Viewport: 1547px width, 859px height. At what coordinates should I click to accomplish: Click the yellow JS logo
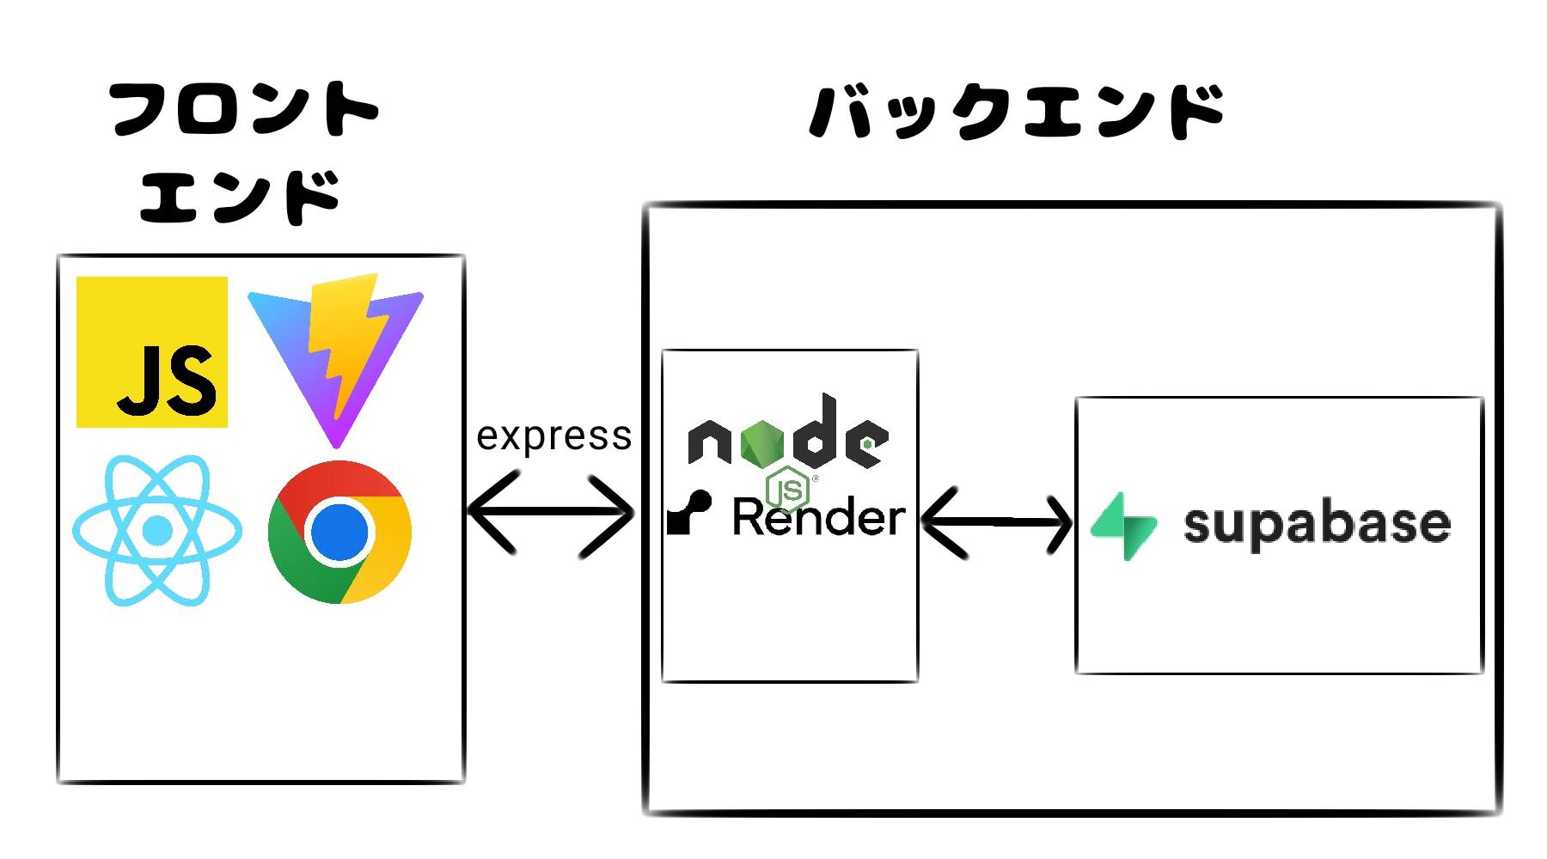pyautogui.click(x=152, y=352)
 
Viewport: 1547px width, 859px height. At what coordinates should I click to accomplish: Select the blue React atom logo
pyautogui.click(x=157, y=530)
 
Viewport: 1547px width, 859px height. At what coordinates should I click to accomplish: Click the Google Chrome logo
pyautogui.click(x=339, y=532)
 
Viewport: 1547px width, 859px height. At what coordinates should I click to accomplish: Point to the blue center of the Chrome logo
pyautogui.click(x=339, y=532)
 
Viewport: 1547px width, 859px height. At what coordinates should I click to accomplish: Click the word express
pyautogui.click(x=554, y=436)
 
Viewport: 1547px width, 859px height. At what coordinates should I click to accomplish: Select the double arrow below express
pyautogui.click(x=551, y=514)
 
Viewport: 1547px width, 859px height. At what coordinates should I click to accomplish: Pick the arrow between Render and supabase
pyautogui.click(x=997, y=521)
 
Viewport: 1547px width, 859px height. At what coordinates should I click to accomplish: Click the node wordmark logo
pyautogui.click(x=788, y=434)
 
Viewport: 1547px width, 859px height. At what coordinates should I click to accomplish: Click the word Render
pyautogui.click(x=819, y=518)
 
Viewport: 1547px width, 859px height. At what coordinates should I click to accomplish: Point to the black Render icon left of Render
pyautogui.click(x=689, y=513)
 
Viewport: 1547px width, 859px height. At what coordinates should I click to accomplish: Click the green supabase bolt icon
pyautogui.click(x=1123, y=525)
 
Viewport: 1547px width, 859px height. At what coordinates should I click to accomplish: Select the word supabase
pyautogui.click(x=1317, y=524)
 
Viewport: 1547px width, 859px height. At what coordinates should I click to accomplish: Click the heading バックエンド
pyautogui.click(x=1017, y=112)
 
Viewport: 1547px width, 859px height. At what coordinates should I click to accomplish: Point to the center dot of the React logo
pyautogui.click(x=157, y=530)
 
